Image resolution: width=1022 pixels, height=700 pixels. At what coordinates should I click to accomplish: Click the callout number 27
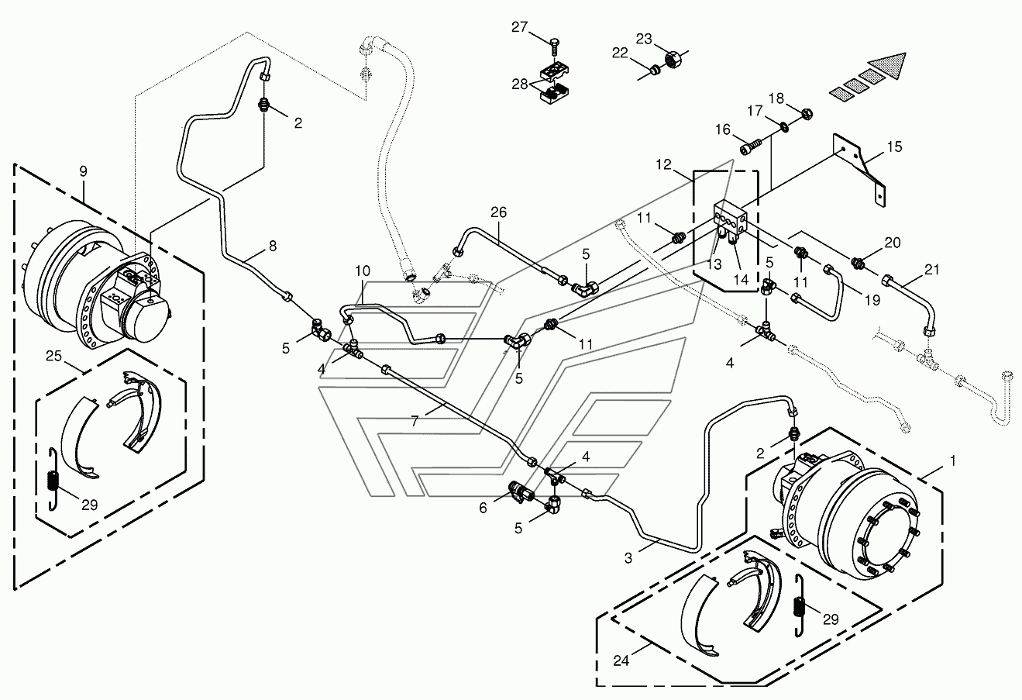pos(519,27)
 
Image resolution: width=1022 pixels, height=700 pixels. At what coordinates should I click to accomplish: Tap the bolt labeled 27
pos(553,49)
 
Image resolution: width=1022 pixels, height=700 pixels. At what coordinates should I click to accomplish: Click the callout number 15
pos(895,147)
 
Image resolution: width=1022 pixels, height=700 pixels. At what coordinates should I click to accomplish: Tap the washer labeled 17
pos(783,126)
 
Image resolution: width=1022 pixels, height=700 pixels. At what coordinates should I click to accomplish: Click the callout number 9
pos(83,171)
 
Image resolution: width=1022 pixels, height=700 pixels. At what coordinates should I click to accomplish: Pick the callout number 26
pos(499,212)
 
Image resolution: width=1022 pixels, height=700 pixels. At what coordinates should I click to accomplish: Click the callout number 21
pos(931,270)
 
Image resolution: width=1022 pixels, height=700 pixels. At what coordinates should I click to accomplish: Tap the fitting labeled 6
pos(520,494)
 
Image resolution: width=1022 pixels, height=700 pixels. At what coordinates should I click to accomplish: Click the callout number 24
pos(621,660)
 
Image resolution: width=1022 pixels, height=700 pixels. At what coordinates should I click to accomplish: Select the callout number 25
pos(53,356)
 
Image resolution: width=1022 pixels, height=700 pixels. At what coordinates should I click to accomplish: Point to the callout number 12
pos(664,164)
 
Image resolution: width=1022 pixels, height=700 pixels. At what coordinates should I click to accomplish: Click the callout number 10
pos(363,271)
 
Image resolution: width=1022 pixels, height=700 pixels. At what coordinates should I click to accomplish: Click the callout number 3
pos(628,557)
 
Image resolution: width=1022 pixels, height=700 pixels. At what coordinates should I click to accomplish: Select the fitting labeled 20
pos(856,263)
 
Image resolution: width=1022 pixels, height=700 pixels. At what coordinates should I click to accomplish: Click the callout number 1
pos(952,461)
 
